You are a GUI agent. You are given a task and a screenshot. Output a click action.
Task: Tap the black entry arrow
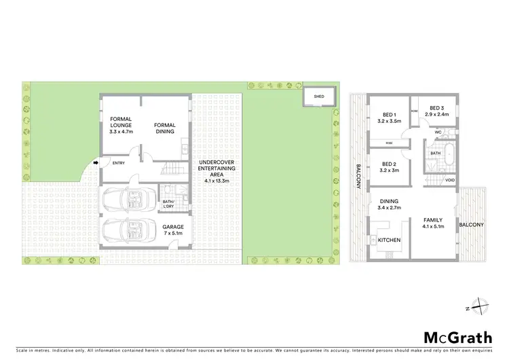click(96, 162)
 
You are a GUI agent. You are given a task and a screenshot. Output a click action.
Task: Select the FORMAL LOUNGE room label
click(120, 126)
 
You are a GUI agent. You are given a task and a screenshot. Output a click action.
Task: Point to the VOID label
click(451, 181)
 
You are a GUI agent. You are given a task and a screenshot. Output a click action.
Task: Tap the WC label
click(438, 132)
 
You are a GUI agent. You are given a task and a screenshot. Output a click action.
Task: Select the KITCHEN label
click(389, 241)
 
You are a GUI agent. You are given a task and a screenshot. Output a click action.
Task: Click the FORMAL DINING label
click(165, 128)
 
